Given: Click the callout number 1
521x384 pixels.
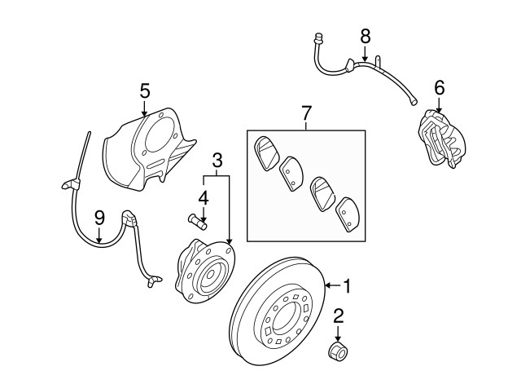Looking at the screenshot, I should (x=347, y=286).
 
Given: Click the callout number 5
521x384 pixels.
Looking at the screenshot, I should (x=144, y=91).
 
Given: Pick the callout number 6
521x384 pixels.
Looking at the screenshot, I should (x=440, y=86).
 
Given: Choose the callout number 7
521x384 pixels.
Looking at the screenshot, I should (x=306, y=110).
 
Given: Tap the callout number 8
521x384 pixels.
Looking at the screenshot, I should (x=365, y=36).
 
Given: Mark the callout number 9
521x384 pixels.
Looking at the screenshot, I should (x=99, y=217).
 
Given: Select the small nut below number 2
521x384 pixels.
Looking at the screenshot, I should (x=336, y=352).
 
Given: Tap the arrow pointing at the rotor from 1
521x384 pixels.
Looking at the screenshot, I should (x=330, y=286).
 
